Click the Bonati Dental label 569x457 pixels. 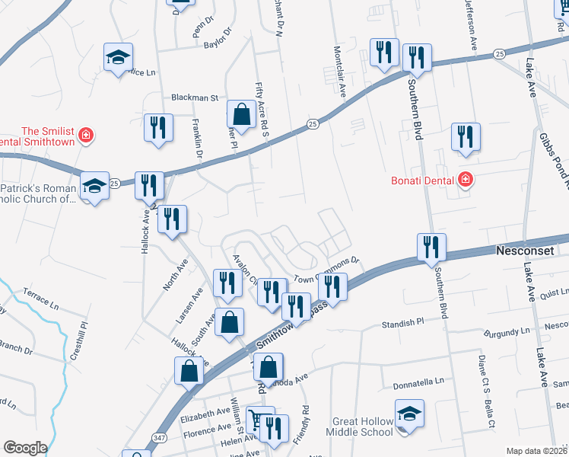(x=422, y=181)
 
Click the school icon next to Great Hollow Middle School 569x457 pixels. (x=409, y=414)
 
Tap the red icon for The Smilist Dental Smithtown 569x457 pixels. (x=86, y=136)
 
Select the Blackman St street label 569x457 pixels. (x=195, y=98)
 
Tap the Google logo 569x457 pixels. (x=25, y=448)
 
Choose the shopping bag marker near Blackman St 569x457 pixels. (x=240, y=116)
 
